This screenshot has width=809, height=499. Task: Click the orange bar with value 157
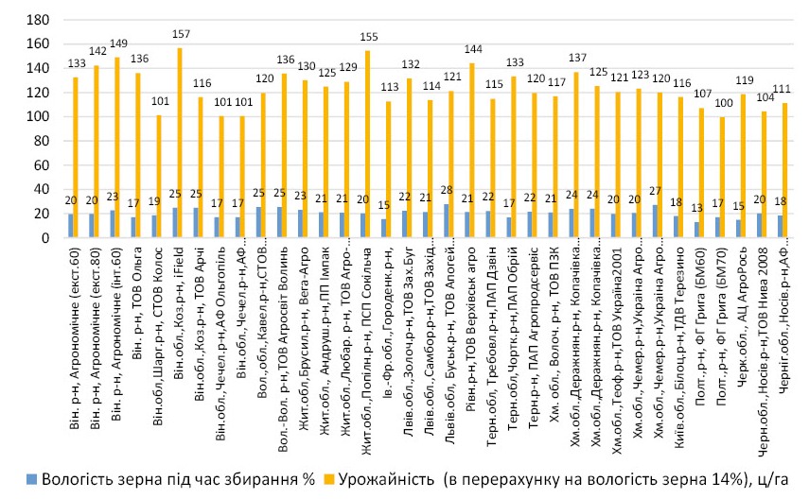[x=180, y=143]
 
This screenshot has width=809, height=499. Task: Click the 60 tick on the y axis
[x=39, y=165]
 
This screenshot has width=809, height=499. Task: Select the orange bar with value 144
[x=472, y=150]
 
